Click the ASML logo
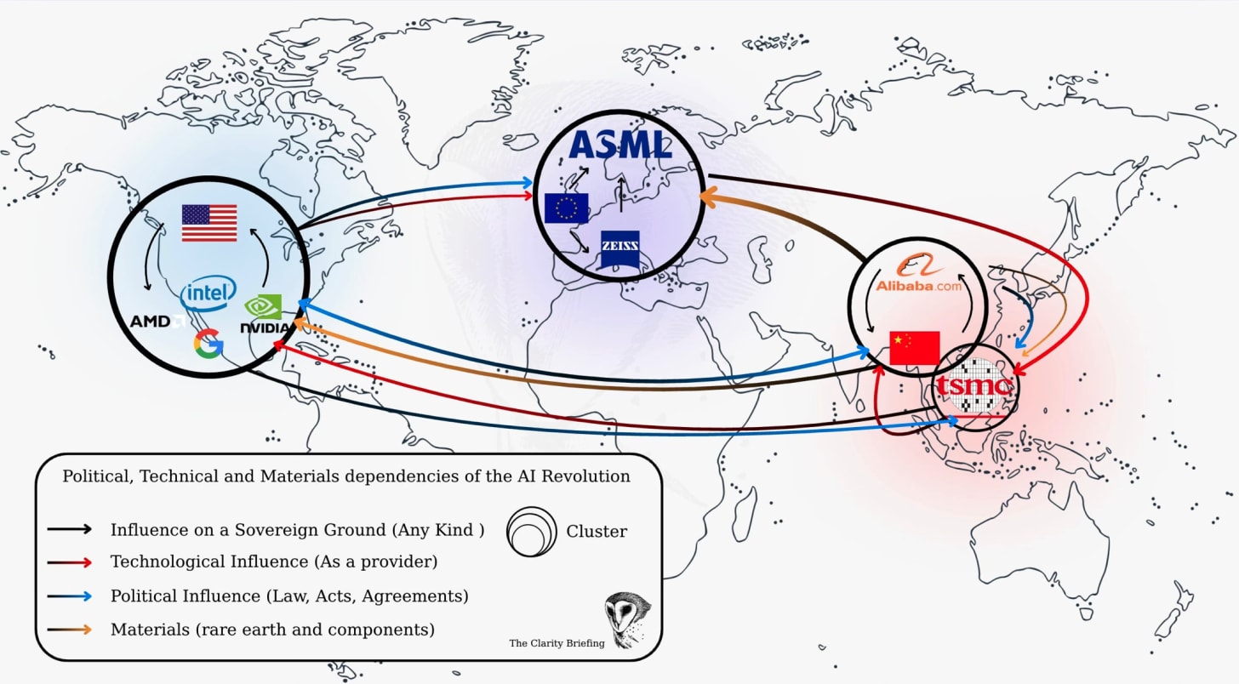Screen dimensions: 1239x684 click(x=619, y=145)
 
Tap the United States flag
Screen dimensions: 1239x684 click(x=209, y=223)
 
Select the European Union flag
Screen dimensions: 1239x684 click(x=566, y=208)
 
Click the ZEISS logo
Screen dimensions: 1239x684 click(x=619, y=248)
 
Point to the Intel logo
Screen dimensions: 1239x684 click(x=208, y=294)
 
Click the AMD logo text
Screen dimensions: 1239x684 click(x=151, y=322)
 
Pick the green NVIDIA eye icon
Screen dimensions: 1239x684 click(x=264, y=307)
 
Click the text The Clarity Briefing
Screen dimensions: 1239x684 click(x=557, y=643)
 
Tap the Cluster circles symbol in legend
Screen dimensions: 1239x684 click(x=529, y=532)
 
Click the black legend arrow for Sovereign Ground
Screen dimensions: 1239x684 click(x=71, y=529)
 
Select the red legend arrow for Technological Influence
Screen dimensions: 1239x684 click(x=71, y=562)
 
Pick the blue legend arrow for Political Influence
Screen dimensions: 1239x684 click(x=71, y=596)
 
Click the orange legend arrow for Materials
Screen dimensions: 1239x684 click(x=71, y=630)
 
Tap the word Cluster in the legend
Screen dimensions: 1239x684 click(x=597, y=532)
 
